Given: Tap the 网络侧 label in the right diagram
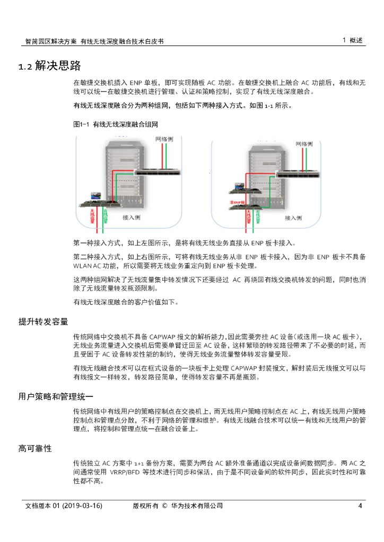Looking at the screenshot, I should [x=304, y=144].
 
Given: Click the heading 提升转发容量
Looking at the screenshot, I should [x=43, y=322].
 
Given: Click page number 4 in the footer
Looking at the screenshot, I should [x=360, y=506].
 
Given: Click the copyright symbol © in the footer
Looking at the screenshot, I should [x=164, y=506].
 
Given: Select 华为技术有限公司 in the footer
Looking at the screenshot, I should [x=196, y=506].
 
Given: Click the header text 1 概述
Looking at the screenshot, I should [x=353, y=40].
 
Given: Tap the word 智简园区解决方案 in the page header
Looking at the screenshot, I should [x=51, y=41].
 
